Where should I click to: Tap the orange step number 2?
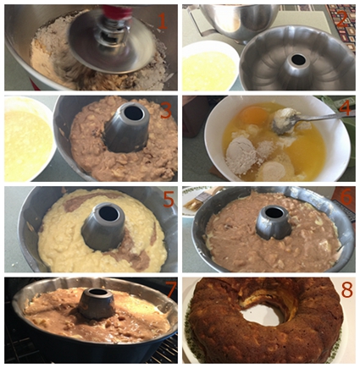(x=342, y=19)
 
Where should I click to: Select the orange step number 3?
(x=166, y=110)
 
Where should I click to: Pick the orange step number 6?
(x=346, y=198)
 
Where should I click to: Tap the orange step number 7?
(x=169, y=289)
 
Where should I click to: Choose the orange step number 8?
(x=347, y=288)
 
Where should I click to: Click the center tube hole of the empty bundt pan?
(x=297, y=60)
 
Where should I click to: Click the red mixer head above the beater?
(x=119, y=11)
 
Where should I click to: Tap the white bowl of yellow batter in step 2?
(x=209, y=67)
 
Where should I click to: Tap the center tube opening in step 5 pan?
(x=107, y=213)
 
